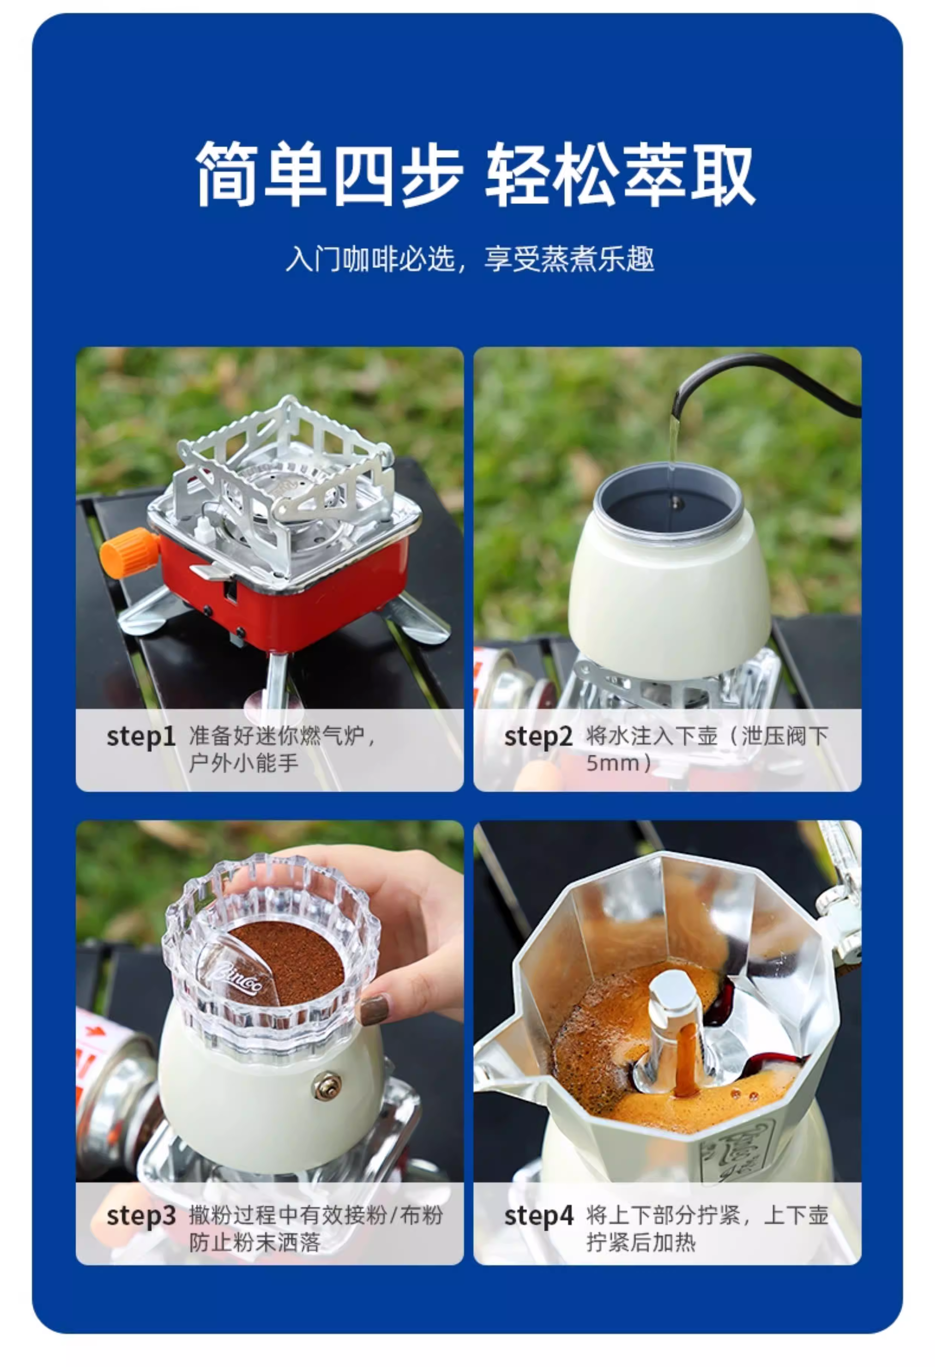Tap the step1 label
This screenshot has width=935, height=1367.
(x=141, y=737)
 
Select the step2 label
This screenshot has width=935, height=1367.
(x=538, y=737)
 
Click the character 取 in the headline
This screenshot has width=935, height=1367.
(x=722, y=174)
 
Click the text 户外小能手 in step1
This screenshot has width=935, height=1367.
(x=244, y=763)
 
